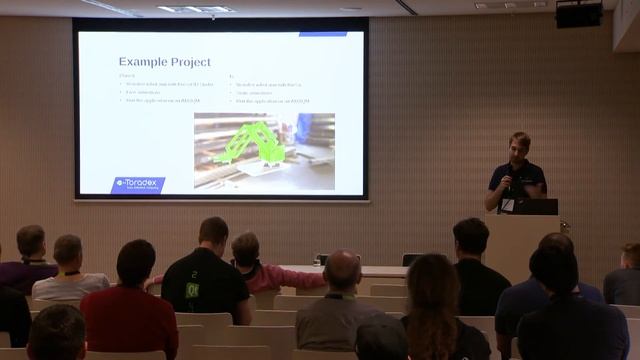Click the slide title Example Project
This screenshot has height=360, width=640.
(159, 62)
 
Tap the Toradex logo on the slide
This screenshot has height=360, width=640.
(139, 184)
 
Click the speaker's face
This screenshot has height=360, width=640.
(519, 146)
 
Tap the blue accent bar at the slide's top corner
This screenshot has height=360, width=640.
(322, 34)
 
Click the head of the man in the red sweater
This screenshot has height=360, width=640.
(135, 262)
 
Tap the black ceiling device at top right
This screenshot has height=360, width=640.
(579, 14)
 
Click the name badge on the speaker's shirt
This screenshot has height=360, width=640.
(508, 203)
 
